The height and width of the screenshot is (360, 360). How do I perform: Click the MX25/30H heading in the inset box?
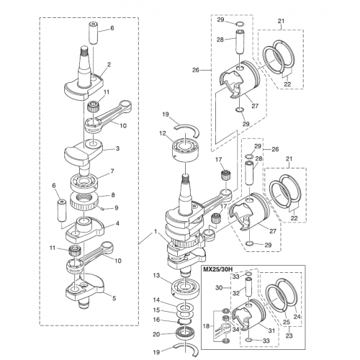pyautogui.click(x=218, y=269)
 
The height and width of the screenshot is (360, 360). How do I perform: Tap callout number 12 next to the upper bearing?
pyautogui.click(x=162, y=133)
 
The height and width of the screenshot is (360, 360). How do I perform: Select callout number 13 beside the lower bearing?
pyautogui.click(x=156, y=276)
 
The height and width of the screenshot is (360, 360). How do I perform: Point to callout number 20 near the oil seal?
pyautogui.click(x=156, y=334)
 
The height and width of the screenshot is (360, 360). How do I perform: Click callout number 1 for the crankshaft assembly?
pyautogui.click(x=156, y=232)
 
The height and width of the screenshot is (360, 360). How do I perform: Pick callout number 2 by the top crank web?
pyautogui.click(x=109, y=65)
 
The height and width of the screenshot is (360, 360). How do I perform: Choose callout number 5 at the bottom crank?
pyautogui.click(x=114, y=298)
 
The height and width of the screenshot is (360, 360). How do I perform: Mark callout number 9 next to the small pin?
pyautogui.click(x=117, y=207)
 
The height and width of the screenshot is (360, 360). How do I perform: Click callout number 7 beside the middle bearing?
pyautogui.click(x=112, y=171)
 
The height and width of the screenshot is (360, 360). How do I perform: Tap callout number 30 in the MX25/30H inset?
pyautogui.click(x=219, y=287)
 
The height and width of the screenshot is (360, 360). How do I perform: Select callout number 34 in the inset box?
pyautogui.click(x=235, y=330)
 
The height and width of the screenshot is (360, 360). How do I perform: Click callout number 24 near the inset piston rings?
pyautogui.click(x=297, y=317)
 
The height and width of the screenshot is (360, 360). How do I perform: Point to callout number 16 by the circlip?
pyautogui.click(x=156, y=320)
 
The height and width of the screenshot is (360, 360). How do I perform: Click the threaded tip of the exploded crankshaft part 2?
pyautogui.click(x=85, y=50)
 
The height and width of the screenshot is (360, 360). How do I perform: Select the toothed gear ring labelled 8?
pyautogui.click(x=84, y=201)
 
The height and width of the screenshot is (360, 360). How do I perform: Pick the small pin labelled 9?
pyautogui.click(x=103, y=209)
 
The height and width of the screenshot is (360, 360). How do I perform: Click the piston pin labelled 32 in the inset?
pyautogui.click(x=248, y=288)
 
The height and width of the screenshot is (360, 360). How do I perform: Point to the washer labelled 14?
pyautogui.click(x=185, y=308)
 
